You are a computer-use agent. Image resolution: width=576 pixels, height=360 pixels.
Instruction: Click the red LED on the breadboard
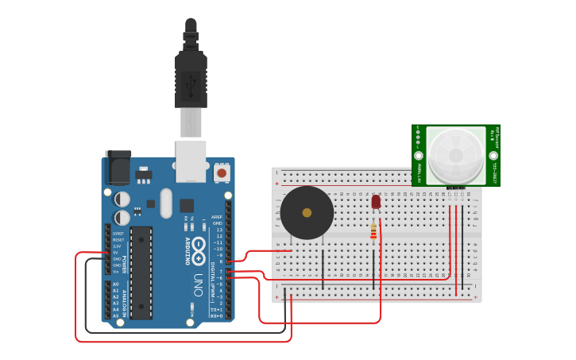376,203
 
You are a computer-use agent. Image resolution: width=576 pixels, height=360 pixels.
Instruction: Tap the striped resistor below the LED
374,231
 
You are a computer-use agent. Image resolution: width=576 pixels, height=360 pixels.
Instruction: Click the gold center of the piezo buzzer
307,212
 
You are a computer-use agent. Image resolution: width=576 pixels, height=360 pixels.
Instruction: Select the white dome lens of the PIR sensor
455,153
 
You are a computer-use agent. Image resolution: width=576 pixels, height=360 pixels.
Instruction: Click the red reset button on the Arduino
222,172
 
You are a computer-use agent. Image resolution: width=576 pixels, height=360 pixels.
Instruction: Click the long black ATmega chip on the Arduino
141,273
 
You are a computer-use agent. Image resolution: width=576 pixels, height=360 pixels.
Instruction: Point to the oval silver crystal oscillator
165,203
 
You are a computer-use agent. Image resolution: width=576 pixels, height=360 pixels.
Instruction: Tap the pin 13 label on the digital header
218,229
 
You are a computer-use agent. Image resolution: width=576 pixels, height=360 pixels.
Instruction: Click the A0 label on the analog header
116,284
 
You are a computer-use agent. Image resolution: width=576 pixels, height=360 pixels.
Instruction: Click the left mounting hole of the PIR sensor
418,158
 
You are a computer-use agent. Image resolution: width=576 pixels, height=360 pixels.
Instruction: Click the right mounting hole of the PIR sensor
493,158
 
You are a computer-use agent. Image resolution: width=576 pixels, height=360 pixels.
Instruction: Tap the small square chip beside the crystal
187,205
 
